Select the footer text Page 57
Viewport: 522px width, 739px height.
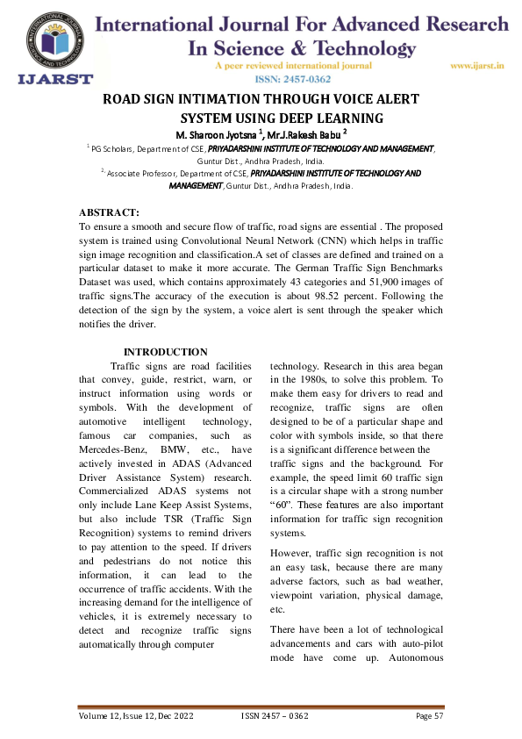pyautogui.click(x=431, y=716)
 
